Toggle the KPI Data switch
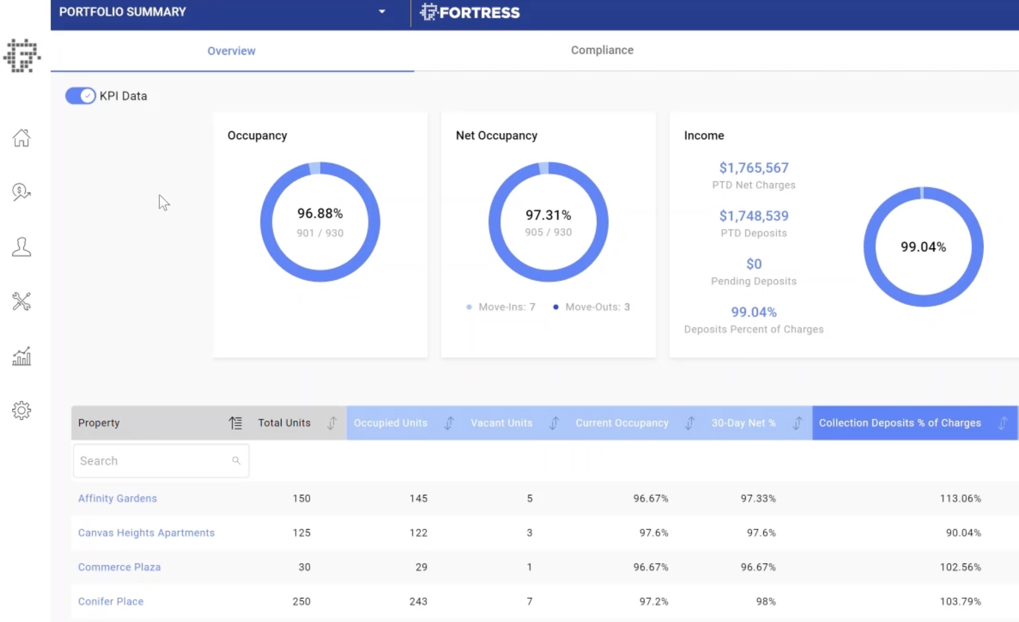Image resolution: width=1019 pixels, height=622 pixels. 80,96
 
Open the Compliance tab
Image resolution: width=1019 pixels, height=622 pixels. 602,50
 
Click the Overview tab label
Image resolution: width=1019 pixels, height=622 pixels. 231,51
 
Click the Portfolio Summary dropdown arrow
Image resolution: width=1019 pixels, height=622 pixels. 382,12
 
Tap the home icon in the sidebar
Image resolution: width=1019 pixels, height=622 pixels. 21,138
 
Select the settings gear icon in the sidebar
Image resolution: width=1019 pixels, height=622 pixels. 21,410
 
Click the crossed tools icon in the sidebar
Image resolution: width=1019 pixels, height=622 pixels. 21,301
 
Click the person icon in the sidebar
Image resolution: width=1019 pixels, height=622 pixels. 21,247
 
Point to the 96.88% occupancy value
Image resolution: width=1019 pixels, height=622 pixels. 320,213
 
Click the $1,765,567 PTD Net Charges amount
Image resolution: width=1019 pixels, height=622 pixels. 754,168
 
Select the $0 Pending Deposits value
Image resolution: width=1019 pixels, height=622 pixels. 754,264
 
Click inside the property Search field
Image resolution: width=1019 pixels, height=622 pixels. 154,461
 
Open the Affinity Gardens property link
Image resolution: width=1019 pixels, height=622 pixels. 117,498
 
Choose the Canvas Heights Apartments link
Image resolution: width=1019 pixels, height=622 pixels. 146,533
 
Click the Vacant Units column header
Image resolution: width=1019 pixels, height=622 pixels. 501,423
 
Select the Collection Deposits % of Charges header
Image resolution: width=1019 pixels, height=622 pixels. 899,423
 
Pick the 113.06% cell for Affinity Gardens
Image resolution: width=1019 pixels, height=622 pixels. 960,498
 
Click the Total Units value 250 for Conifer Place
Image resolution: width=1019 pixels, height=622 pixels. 301,601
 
